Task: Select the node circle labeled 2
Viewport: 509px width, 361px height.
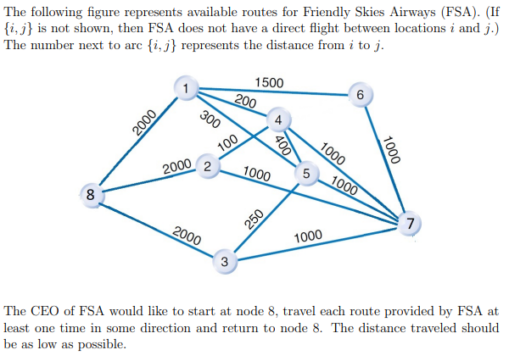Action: pyautogui.click(x=207, y=165)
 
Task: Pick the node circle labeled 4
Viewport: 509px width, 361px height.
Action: pyautogui.click(x=277, y=119)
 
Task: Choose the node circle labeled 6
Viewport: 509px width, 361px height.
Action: pyautogui.click(x=361, y=96)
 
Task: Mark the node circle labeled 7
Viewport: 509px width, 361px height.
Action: pyautogui.click(x=411, y=224)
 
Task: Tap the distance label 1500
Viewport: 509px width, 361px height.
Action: pyautogui.click(x=269, y=83)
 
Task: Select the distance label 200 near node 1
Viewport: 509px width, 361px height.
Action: pyautogui.click(x=245, y=102)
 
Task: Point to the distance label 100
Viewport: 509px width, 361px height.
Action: pyautogui.click(x=227, y=143)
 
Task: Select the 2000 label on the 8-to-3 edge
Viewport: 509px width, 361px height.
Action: pyautogui.click(x=187, y=236)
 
